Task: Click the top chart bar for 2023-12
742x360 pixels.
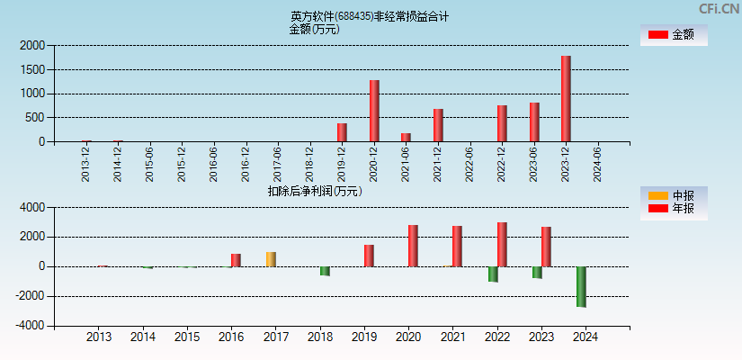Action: click(566, 99)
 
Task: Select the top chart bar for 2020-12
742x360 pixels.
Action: click(374, 111)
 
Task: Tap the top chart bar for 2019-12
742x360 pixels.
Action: click(342, 132)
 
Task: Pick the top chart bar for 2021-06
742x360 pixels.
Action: click(406, 137)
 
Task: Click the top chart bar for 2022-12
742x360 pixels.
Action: click(502, 123)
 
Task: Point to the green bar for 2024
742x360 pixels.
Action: click(581, 286)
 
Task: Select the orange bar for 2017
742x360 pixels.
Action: click(271, 259)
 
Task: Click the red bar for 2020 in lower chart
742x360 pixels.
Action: click(413, 246)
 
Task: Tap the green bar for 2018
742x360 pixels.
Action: click(325, 271)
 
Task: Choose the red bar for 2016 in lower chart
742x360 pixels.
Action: click(236, 260)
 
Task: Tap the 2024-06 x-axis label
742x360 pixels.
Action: click(597, 165)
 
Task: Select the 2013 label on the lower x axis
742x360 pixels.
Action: click(99, 337)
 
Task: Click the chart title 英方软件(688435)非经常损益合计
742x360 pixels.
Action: click(370, 16)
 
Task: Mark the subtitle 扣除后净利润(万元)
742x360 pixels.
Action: click(315, 191)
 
